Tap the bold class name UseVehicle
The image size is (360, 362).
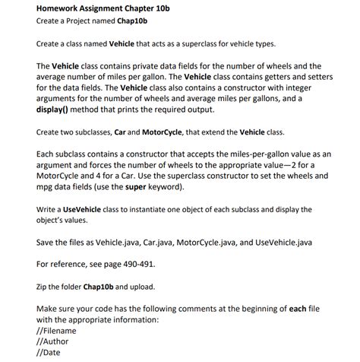(86, 208)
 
